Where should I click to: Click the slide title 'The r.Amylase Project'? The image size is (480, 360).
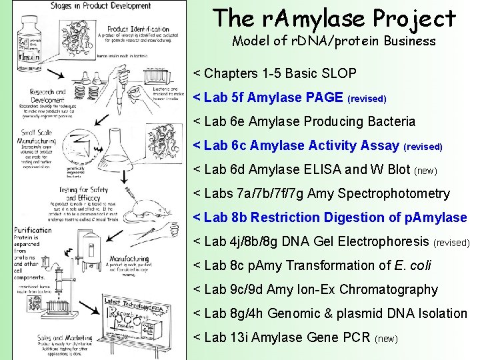coord(334,18)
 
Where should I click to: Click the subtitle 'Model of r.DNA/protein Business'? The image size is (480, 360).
coord(333,41)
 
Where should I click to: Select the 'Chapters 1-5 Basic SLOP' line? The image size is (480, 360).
coord(275,73)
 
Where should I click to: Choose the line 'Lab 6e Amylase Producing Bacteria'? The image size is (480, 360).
coord(304,121)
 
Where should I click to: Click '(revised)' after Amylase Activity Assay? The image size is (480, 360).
coord(423,146)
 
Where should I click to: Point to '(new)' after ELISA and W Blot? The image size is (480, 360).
coord(425,171)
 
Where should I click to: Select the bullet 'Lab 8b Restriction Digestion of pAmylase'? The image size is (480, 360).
coord(330,217)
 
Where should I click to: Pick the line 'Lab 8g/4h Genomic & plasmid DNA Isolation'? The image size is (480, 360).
coord(330,313)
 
